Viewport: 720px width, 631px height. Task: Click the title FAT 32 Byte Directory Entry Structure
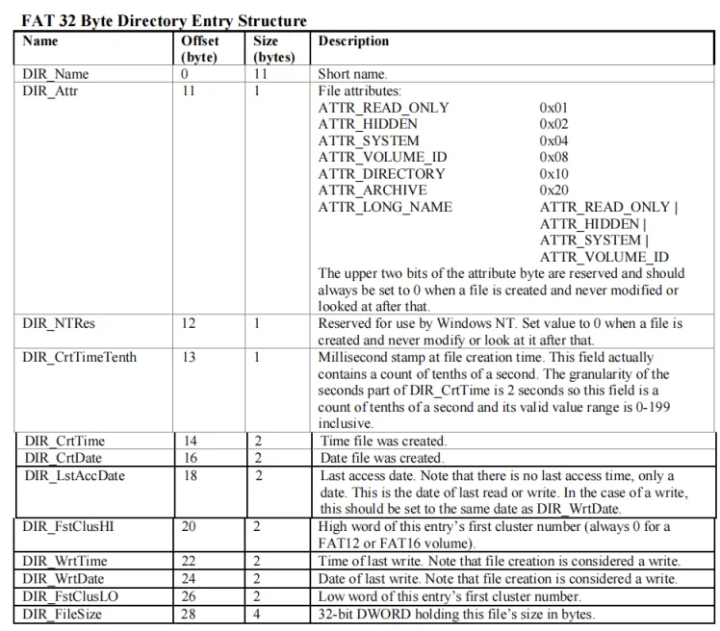pyautogui.click(x=164, y=20)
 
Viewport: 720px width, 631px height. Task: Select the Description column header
pyautogui.click(x=353, y=41)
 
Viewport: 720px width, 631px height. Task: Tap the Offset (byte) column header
pyautogui.click(x=199, y=49)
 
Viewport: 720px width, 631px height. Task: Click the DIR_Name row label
pyautogui.click(x=56, y=74)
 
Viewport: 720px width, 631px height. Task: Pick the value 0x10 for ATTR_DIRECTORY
pyautogui.click(x=553, y=173)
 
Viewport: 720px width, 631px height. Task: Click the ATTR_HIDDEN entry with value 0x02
pyautogui.click(x=368, y=124)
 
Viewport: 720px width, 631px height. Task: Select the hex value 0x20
pyautogui.click(x=553, y=190)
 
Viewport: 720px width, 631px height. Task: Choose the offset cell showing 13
pyautogui.click(x=189, y=357)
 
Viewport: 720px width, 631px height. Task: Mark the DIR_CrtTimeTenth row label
pyautogui.click(x=80, y=357)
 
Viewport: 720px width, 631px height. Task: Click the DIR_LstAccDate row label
pyautogui.click(x=74, y=475)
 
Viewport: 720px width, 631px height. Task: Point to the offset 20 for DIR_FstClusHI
pyautogui.click(x=190, y=527)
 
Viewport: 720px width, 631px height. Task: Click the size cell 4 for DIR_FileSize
pyautogui.click(x=258, y=614)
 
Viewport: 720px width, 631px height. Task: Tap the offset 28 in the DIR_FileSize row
pyautogui.click(x=190, y=614)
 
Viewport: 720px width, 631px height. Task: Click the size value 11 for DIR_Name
pyautogui.click(x=261, y=74)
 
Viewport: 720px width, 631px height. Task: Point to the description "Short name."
pyautogui.click(x=352, y=74)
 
